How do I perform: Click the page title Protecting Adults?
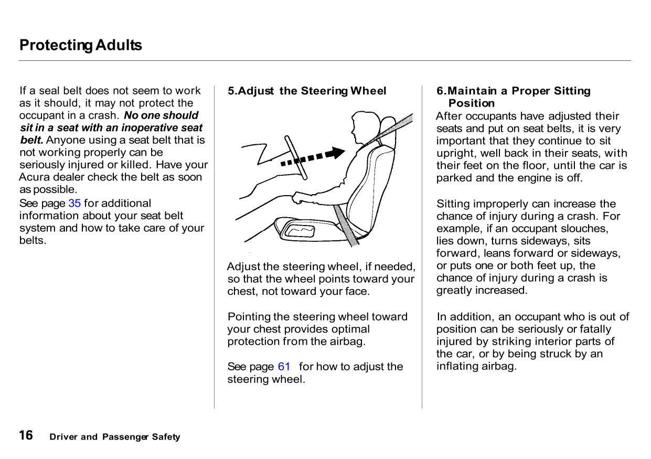point(80,45)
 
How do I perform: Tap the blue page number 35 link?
point(74,204)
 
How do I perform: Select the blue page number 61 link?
point(284,367)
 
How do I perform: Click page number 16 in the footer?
point(26,435)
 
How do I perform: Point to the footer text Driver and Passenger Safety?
point(114,437)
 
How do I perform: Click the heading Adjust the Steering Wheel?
point(307,91)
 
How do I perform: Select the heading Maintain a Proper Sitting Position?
point(513,97)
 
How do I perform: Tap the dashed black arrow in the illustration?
point(313,156)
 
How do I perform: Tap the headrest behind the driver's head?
point(387,124)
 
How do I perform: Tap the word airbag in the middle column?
point(348,341)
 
